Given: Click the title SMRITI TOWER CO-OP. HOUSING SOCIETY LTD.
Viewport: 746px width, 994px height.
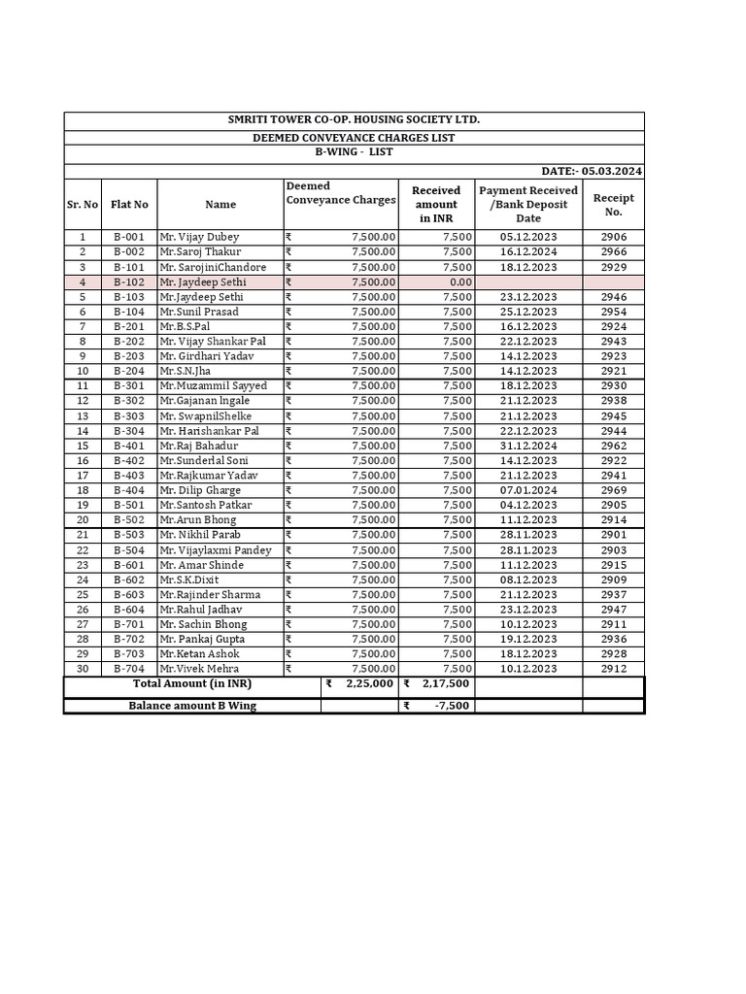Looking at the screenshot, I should coord(354,119).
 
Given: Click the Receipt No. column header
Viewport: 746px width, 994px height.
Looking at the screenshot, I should coord(613,204).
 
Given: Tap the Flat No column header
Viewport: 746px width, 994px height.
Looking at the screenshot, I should coord(129,205).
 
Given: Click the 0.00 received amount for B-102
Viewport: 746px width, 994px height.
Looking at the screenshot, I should coord(456,282).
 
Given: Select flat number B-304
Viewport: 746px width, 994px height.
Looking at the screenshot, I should coord(129,431).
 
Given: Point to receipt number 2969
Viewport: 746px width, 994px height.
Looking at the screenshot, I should coord(613,490).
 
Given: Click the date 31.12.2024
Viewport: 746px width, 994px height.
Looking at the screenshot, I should coord(528,446).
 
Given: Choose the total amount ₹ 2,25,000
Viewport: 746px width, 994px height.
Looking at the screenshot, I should coord(359,684).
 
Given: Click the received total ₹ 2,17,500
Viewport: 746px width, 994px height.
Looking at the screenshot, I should coord(437,684).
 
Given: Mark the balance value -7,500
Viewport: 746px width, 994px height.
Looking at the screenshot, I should coord(452,706).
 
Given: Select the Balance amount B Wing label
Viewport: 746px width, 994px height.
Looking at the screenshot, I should coord(192,706).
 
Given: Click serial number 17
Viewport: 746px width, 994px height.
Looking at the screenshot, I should coord(83,476).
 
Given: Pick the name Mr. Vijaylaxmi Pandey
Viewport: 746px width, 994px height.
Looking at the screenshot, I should coord(216,550).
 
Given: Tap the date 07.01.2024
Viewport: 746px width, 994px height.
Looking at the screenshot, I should coord(528,490).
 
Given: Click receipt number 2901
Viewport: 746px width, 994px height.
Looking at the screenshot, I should coord(613,535).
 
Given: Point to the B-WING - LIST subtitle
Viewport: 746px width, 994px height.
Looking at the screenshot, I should coord(354,152).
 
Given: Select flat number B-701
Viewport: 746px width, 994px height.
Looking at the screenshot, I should coord(129,624).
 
